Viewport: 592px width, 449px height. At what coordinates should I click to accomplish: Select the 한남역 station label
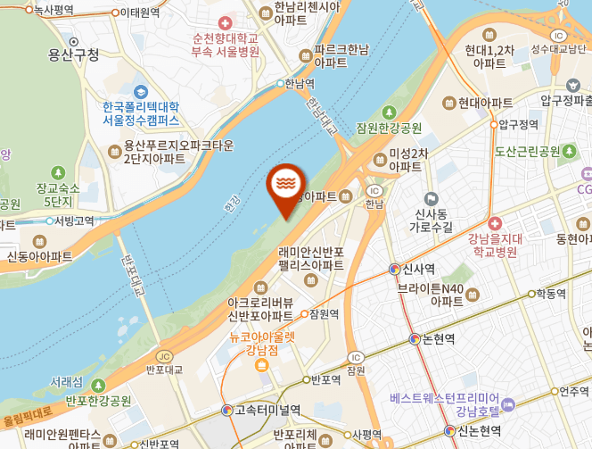coord(300,83)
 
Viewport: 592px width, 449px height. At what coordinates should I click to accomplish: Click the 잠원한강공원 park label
coord(389,127)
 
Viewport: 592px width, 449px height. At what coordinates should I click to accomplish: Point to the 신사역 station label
coord(417,268)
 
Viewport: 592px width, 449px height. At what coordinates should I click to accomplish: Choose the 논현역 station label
coord(438,338)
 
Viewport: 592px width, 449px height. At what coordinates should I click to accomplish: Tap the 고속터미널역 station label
coord(267,410)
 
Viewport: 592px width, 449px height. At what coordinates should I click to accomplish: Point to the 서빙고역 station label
coord(74,220)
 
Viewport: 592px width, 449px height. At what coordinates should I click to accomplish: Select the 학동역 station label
coord(554,293)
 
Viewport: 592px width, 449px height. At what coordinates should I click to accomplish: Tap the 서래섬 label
coord(66,381)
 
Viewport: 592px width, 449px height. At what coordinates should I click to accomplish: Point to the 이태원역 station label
coord(140,12)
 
